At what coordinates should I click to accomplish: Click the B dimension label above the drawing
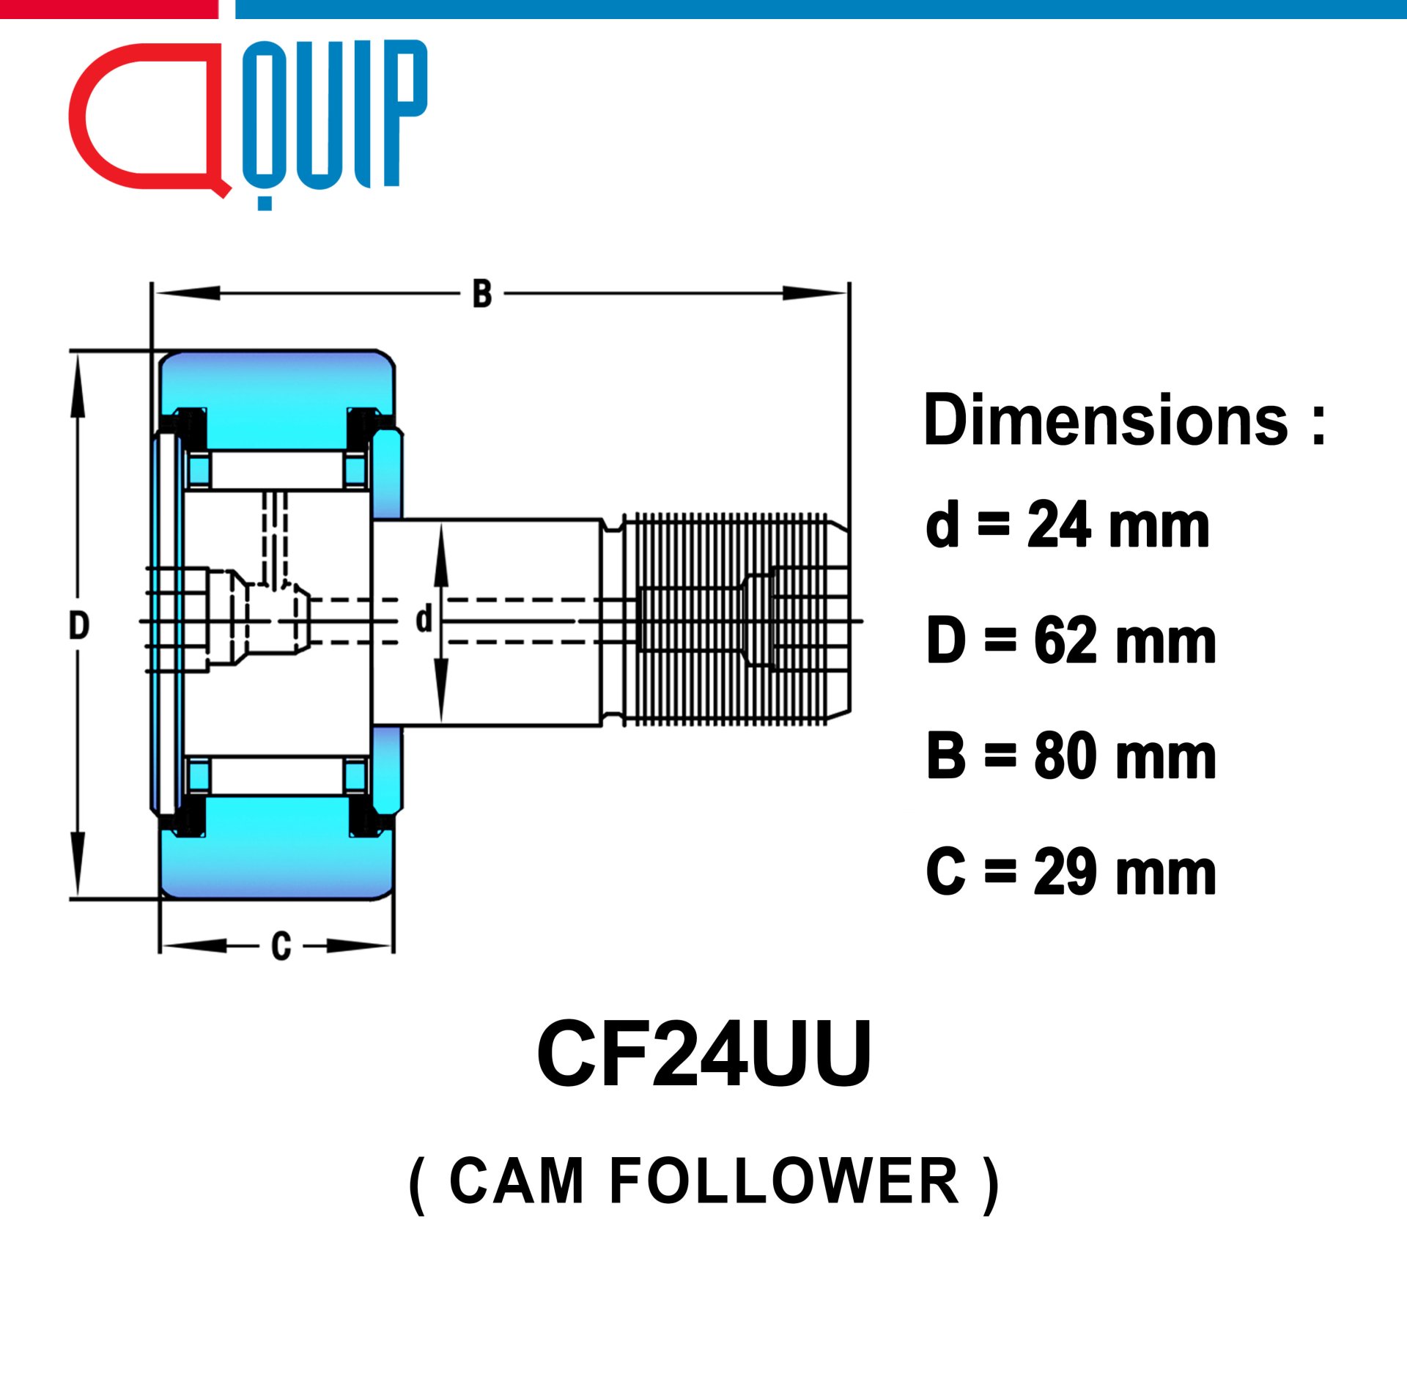[482, 295]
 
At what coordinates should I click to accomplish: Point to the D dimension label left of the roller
[79, 626]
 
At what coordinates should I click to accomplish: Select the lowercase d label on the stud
[424, 618]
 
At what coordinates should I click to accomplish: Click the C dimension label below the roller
[281, 946]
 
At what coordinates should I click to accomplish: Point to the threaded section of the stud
[733, 620]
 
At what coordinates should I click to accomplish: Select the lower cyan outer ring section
[277, 848]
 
